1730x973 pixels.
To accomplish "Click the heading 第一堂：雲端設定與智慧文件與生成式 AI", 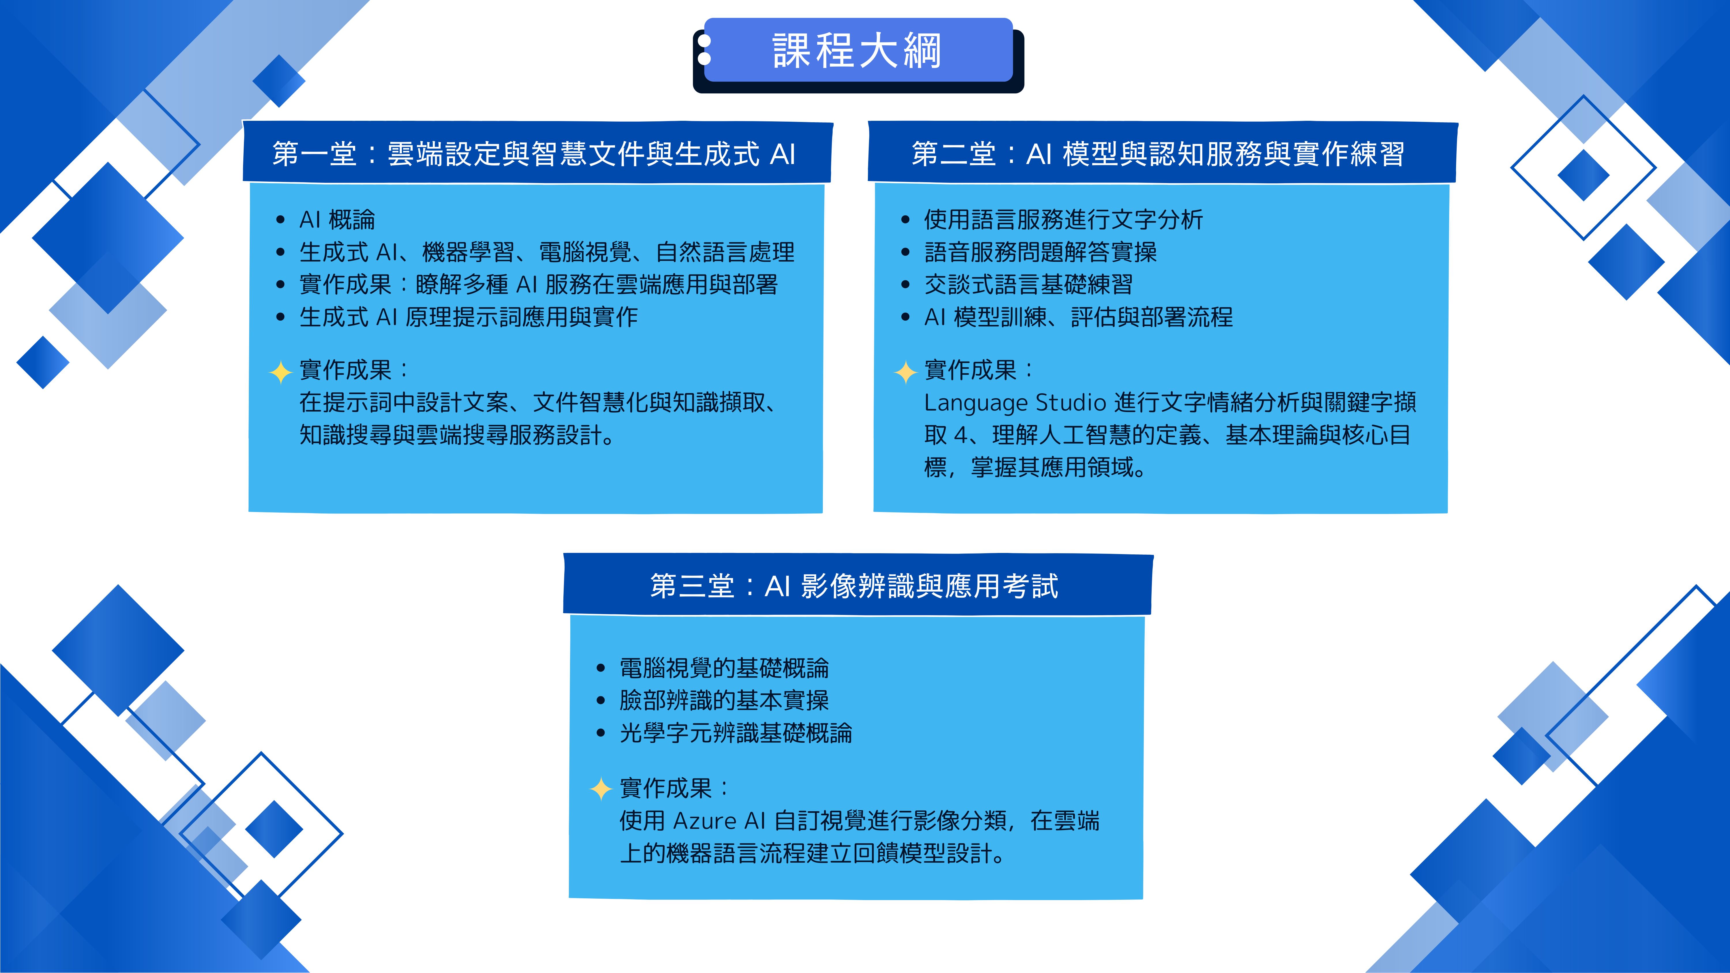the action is click(x=534, y=154).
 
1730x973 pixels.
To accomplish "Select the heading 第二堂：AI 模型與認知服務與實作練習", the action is click(x=1158, y=154).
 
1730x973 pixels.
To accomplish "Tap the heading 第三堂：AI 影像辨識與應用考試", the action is click(x=854, y=586).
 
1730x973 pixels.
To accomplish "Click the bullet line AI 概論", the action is click(x=337, y=220).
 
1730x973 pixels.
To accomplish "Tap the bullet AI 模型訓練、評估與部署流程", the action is click(x=1079, y=317).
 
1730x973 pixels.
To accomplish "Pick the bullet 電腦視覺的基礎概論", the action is click(x=724, y=668).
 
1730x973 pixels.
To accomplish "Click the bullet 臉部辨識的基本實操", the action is click(x=724, y=700).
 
